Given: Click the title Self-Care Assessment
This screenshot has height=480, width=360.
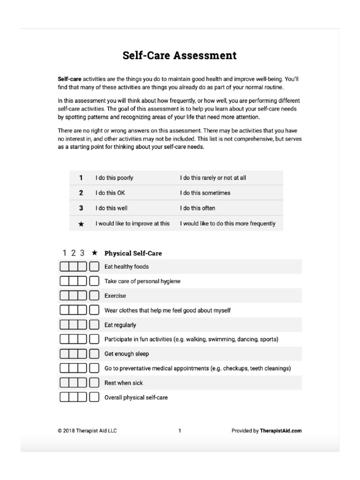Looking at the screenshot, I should click(180, 56).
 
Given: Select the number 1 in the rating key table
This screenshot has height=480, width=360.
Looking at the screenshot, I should click(81, 178).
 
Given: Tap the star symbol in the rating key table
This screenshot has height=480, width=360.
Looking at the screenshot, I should click(81, 224).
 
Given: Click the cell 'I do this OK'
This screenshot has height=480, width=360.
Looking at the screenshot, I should click(111, 193).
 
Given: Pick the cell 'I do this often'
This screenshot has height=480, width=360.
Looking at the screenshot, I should click(198, 208).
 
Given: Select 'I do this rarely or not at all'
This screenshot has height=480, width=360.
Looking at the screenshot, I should click(213, 178).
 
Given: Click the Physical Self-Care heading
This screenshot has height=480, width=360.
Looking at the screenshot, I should click(133, 253).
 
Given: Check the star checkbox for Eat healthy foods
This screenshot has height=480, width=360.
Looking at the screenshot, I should click(94, 267).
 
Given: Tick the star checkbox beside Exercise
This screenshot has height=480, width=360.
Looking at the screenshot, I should click(94, 296).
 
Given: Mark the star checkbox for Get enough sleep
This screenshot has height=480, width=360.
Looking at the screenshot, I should click(94, 354).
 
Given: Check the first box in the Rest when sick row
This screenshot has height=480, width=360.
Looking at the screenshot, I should click(64, 383).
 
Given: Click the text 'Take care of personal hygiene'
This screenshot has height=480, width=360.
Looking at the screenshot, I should click(142, 281).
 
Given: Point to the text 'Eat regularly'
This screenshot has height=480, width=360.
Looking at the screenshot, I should click(120, 325).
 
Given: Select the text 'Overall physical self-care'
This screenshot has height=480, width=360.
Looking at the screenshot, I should click(136, 397).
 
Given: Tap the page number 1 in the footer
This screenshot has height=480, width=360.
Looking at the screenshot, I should click(180, 431).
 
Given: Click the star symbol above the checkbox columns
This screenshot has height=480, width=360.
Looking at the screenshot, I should click(95, 253).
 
